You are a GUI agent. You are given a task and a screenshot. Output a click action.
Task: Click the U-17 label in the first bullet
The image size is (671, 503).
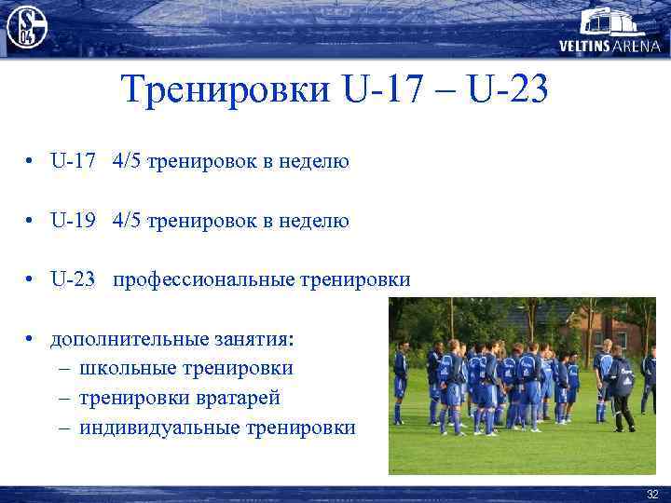tap(73, 162)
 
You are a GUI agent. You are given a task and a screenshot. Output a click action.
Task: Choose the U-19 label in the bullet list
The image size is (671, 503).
tap(73, 221)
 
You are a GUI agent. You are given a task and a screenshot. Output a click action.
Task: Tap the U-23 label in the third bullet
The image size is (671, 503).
tap(73, 279)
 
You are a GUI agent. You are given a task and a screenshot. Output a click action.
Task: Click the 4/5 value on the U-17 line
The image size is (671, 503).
tap(130, 162)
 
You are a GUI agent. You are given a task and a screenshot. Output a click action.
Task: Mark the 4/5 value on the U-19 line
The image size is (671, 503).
tap(130, 221)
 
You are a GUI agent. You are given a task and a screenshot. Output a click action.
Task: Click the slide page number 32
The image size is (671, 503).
tap(651, 494)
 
